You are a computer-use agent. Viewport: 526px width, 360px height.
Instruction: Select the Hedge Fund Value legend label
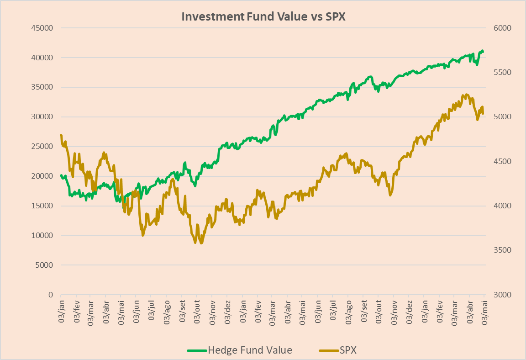250,350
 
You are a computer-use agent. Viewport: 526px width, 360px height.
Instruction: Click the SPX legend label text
348,350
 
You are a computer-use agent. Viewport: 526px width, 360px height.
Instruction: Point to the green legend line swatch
197,351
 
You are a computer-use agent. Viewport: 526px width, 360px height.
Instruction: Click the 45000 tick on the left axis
42,28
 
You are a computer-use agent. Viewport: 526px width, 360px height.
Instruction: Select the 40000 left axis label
42,58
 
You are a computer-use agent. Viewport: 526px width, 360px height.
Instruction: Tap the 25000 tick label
42,146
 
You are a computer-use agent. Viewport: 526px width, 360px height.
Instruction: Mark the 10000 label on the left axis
42,235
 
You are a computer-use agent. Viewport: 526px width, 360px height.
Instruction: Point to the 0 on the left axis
51,295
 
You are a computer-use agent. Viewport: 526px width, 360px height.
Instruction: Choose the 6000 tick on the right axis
502,28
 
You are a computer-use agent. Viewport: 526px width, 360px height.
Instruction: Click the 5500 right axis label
502,72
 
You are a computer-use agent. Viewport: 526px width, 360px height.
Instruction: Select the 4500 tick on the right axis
502,161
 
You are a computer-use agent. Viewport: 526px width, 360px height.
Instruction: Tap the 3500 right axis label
502,250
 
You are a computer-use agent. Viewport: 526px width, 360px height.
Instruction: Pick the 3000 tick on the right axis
502,295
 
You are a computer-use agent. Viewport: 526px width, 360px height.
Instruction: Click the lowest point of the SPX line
201,243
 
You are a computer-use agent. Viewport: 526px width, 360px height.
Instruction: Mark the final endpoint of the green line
484,51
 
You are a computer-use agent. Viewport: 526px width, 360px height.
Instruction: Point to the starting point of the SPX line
61,135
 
